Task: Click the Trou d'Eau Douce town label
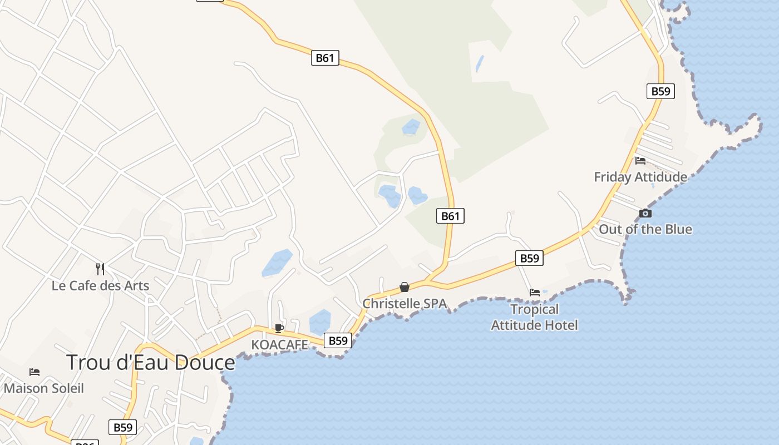point(151,363)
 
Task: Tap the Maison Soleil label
point(44,388)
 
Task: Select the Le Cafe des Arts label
point(100,286)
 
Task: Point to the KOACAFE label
point(279,345)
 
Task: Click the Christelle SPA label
point(405,304)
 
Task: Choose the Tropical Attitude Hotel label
point(534,317)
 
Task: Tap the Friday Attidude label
point(640,177)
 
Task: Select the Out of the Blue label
point(645,229)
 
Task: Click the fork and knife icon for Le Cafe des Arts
point(100,269)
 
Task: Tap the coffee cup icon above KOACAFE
point(279,329)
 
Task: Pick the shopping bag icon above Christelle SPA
point(405,287)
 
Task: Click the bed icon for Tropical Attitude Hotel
point(535,292)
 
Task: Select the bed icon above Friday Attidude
point(640,161)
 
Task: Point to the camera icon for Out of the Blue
point(645,213)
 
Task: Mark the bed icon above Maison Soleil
point(34,372)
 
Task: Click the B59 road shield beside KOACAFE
point(338,340)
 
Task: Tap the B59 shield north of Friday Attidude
point(660,91)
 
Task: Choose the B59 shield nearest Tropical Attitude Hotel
point(529,258)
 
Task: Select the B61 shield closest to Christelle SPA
point(450,216)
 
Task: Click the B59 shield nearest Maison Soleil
point(122,427)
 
